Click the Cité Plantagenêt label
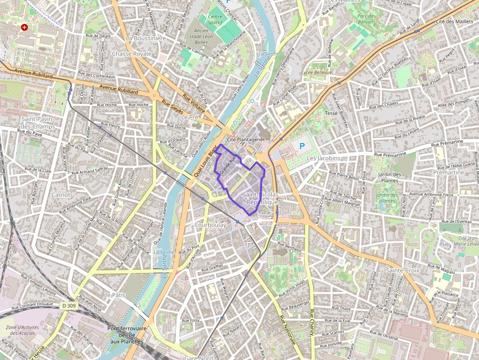(245, 139)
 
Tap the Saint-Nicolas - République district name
(260, 198)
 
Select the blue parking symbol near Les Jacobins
(302, 146)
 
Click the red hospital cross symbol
(24, 28)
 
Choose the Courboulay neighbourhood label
(210, 225)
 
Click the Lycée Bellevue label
(317, 72)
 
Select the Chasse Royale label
(132, 53)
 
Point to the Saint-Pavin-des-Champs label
(38, 123)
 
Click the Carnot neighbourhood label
(61, 194)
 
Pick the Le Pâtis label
(115, 296)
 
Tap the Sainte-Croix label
(403, 270)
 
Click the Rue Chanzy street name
(311, 323)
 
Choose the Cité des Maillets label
(454, 21)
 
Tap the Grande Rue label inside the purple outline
(228, 164)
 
